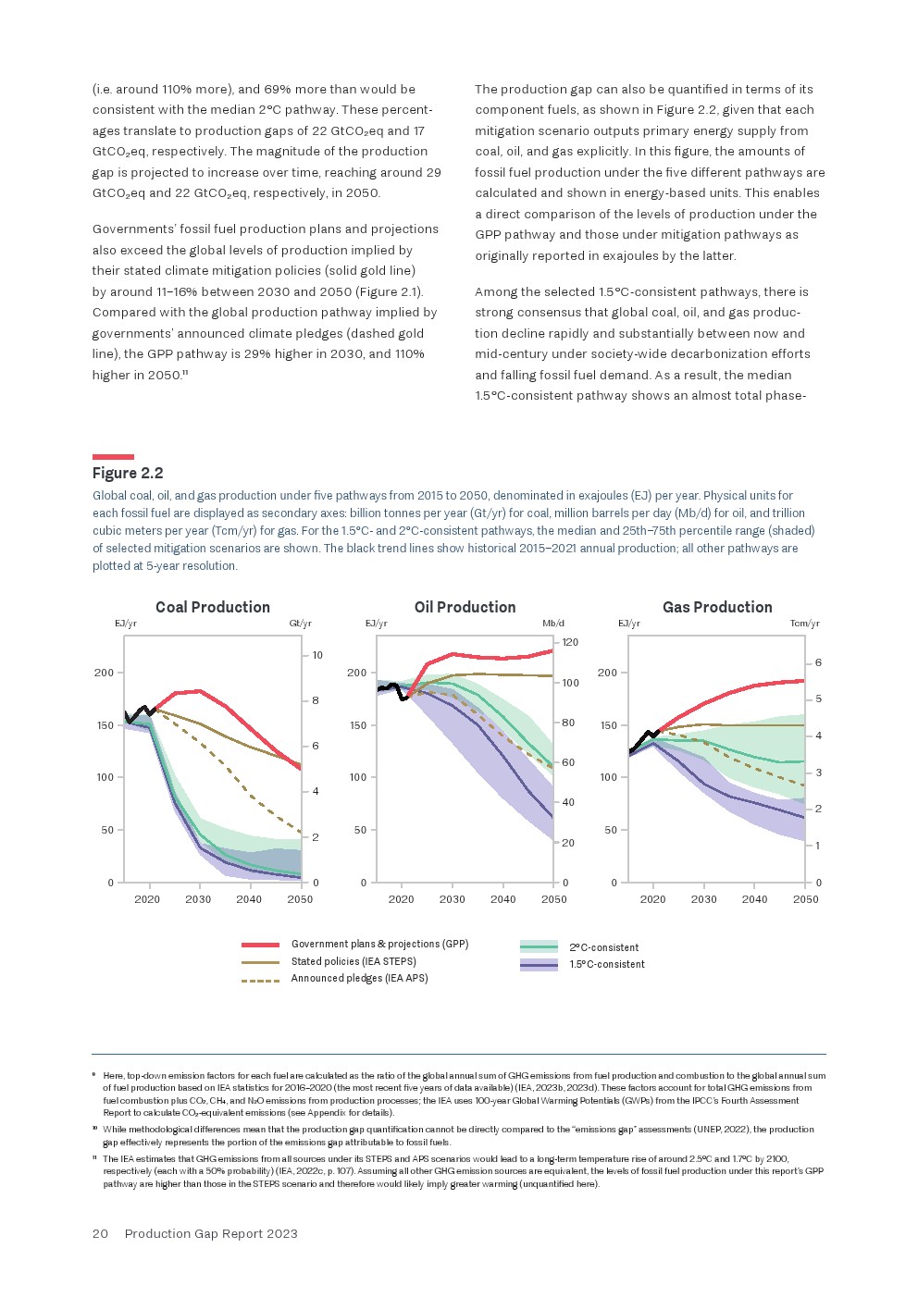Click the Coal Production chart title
point(213,607)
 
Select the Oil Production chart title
point(465,607)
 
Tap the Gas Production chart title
point(717,607)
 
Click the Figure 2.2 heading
point(128,473)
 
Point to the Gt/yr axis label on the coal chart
point(301,624)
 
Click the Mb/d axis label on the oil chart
point(553,624)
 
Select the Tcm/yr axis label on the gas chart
point(804,624)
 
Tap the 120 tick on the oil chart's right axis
point(570,642)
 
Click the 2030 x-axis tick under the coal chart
point(198,899)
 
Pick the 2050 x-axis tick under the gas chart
point(805,899)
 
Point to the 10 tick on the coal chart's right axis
point(317,655)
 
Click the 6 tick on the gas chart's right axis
point(818,662)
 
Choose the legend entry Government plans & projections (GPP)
point(379,944)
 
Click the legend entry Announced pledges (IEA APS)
point(359,978)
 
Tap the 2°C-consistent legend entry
point(603,947)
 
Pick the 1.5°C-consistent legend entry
point(607,964)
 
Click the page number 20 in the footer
point(100,1233)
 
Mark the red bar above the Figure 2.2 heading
point(113,457)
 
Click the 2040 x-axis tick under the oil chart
point(502,899)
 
